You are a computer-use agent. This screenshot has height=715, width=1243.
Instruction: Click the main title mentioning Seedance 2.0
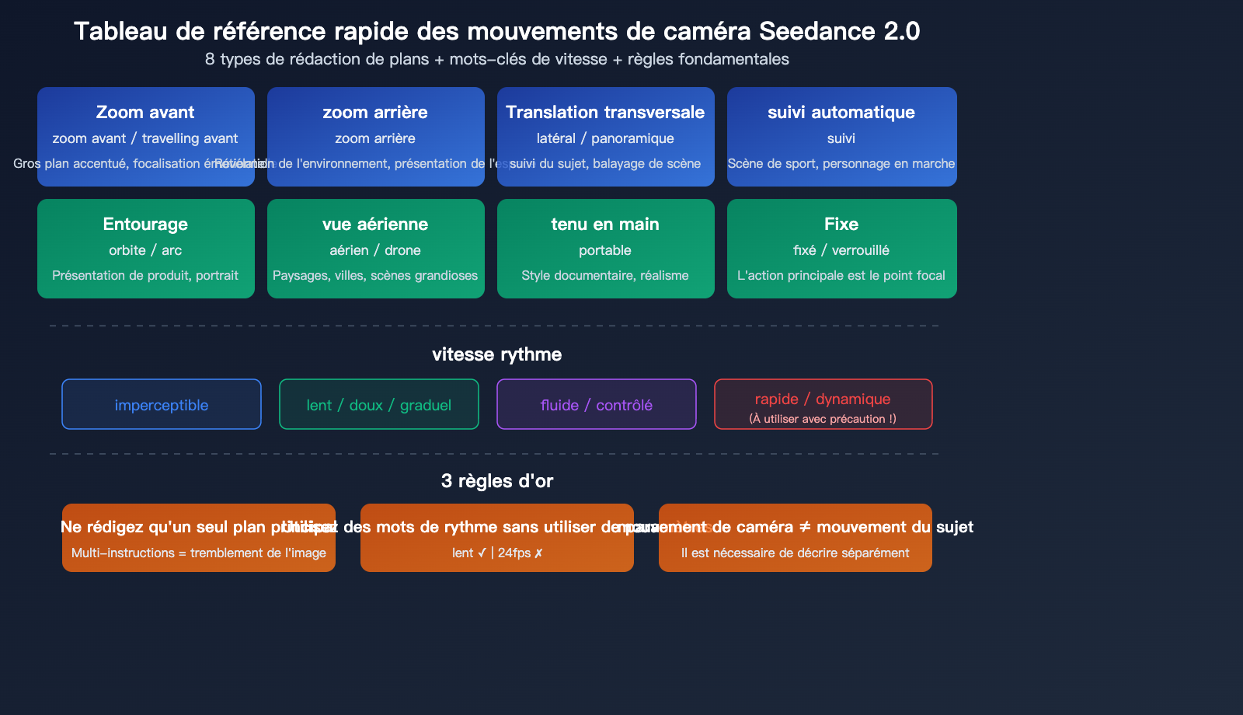pos(496,31)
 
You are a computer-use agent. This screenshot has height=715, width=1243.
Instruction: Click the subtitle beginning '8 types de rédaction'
pos(496,59)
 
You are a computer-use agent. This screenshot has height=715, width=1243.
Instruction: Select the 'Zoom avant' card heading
pos(145,112)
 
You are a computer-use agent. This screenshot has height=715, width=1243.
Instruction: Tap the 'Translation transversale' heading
pos(605,112)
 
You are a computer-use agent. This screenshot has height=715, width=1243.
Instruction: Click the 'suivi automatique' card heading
pos(841,112)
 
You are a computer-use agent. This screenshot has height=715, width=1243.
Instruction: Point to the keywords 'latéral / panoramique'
pos(605,138)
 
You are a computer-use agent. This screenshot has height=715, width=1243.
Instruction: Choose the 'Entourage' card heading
pos(145,224)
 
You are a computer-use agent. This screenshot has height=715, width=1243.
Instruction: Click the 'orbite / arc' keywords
pos(145,250)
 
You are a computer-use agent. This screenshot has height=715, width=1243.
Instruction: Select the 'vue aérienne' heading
pos(375,224)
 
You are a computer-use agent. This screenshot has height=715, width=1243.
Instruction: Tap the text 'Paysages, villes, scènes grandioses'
pos(375,275)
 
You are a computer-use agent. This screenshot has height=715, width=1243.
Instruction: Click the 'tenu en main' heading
pos(605,224)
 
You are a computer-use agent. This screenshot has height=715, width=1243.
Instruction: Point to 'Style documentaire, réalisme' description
pos(605,275)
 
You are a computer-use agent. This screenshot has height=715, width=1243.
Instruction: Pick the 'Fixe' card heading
pos(841,224)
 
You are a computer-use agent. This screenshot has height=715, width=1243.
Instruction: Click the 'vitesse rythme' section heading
pos(496,354)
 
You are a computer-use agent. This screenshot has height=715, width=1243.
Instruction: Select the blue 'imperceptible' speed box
pos(162,404)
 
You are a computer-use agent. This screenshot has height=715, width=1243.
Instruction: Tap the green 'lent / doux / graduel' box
pos(379,404)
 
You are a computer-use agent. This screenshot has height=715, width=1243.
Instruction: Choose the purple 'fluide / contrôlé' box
pos(597,404)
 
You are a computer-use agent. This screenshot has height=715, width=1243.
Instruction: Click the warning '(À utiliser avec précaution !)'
pos(823,419)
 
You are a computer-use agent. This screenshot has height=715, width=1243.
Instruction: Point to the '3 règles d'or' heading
pos(496,481)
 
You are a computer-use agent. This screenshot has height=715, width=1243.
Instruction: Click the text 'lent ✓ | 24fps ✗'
pos(497,553)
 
